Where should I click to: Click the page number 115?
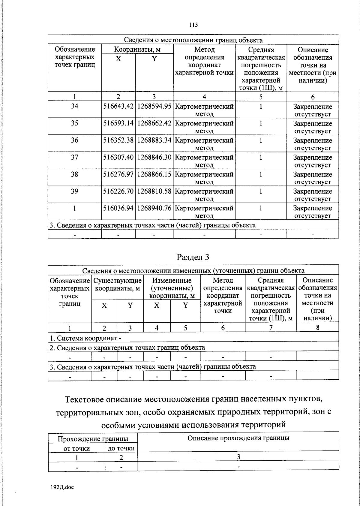coord(193,25)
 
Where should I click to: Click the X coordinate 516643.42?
coord(118,107)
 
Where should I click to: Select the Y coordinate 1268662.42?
coord(154,123)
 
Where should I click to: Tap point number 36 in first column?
coord(74,140)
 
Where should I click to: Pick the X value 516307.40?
coord(118,157)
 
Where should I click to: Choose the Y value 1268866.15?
coord(154,174)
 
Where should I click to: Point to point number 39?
coord(74,191)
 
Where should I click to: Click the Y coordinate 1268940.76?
coord(154,208)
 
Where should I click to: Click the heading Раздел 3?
coord(193,257)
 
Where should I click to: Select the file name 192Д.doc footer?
coord(62,488)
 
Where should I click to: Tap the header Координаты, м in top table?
coord(137,50)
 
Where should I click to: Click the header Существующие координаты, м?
coord(117,285)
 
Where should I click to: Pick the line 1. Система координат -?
coord(85,338)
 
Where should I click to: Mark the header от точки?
coord(76,448)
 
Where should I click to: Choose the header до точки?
coord(121,448)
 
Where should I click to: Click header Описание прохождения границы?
coord(238,438)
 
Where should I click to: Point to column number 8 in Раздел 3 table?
coord(317,328)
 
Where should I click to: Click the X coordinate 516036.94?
coord(118,208)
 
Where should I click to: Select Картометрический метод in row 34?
coord(204,110)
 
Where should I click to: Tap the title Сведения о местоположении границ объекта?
coord(193,40)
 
